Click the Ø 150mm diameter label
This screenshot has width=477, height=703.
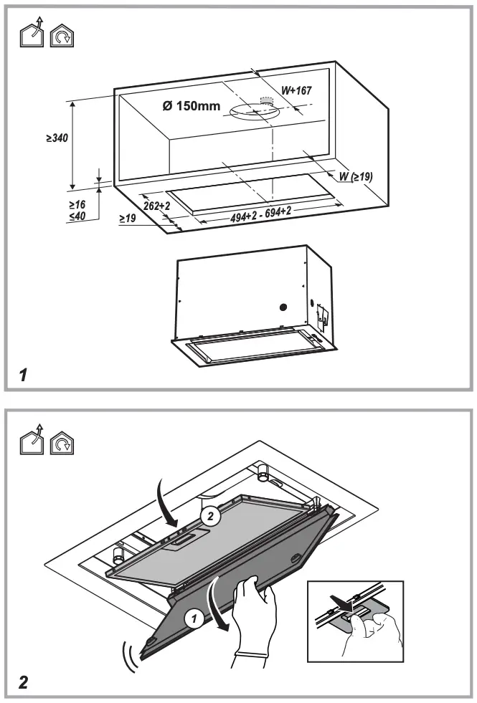point(191,107)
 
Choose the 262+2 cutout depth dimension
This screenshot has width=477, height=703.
point(156,206)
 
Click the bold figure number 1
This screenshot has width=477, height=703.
point(23,374)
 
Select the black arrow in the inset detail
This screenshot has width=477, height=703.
point(351,606)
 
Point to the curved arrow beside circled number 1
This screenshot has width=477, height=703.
point(219,606)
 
